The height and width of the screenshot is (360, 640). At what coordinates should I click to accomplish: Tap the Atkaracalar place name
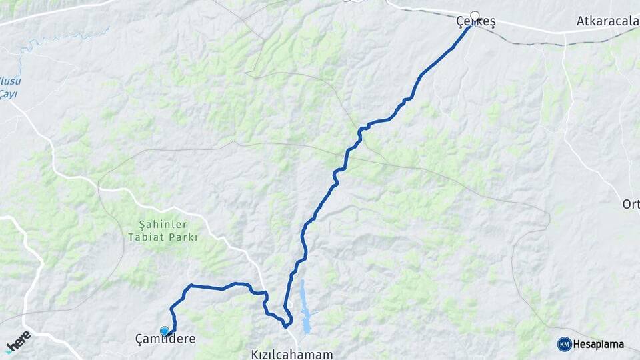pyautogui.click(x=607, y=21)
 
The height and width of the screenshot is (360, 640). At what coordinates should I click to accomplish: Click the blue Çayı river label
pyautogui.click(x=9, y=94)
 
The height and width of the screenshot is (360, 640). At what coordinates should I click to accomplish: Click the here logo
pyautogui.click(x=18, y=341)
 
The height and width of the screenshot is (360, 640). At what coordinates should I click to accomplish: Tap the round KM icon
pyautogui.click(x=564, y=344)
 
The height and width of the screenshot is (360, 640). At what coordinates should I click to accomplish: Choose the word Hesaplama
pyautogui.click(x=599, y=344)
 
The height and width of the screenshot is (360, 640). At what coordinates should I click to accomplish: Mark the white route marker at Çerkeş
pyautogui.click(x=475, y=16)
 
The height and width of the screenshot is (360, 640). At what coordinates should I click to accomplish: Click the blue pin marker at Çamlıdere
pyautogui.click(x=165, y=331)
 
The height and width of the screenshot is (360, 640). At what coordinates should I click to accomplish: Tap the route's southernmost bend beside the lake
pyautogui.click(x=287, y=326)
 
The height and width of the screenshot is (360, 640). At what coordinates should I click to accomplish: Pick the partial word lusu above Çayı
pyautogui.click(x=9, y=81)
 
